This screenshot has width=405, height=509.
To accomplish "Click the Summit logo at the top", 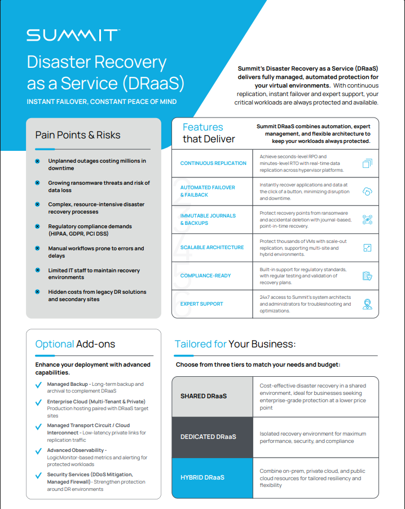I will [73, 35].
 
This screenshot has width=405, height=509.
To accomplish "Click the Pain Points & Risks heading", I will [78, 135].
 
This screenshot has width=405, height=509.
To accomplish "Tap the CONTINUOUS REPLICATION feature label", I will [213, 163].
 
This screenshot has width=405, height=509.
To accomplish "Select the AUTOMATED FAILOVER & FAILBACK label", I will [208, 191].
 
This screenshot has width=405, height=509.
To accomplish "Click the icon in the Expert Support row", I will [367, 304].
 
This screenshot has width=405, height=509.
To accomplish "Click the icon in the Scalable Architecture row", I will [367, 247].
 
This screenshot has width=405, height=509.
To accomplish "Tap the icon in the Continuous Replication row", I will [367, 163].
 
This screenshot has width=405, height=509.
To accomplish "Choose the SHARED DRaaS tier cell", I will [212, 396].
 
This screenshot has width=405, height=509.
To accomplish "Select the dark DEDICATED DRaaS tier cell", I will [212, 437].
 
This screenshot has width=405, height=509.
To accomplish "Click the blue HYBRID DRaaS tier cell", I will [212, 477].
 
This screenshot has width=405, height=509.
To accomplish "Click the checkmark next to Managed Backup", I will [38, 385].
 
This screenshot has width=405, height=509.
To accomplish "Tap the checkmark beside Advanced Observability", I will [38, 451].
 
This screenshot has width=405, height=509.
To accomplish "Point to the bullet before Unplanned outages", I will [37, 161].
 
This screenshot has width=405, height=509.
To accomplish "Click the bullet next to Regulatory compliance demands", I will [37, 227].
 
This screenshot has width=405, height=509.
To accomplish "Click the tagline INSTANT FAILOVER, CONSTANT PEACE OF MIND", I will [102, 102].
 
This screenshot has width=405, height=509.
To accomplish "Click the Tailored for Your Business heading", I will [235, 344].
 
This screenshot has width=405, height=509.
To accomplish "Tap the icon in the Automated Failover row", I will [367, 191].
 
